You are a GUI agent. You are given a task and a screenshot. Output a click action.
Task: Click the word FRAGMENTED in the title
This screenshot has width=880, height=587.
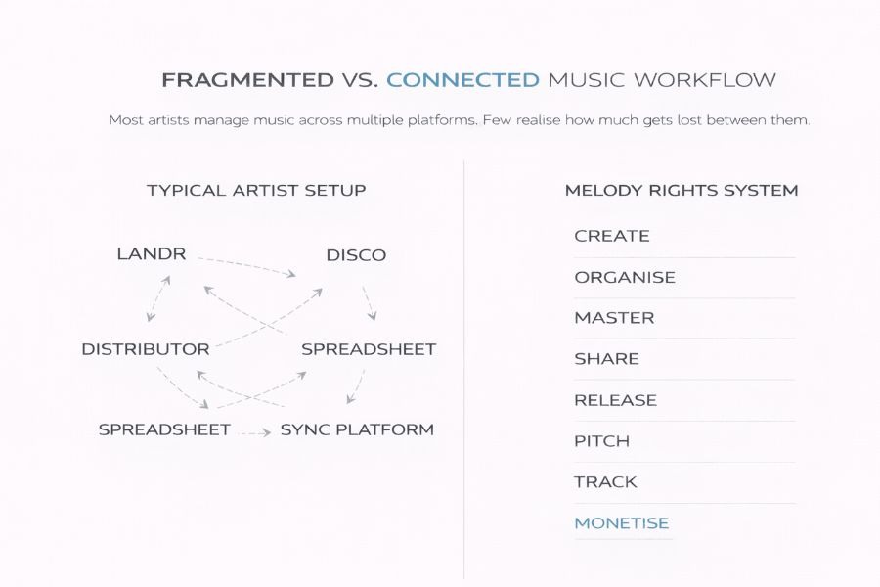click(x=247, y=80)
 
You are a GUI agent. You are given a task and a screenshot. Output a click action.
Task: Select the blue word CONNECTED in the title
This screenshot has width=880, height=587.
click(x=463, y=80)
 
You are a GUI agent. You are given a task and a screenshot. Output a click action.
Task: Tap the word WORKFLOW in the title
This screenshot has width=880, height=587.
click(x=705, y=80)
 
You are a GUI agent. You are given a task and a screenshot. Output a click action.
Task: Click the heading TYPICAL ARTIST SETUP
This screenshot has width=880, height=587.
click(x=256, y=191)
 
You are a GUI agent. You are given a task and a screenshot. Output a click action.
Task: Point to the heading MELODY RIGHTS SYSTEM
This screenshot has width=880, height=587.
click(x=682, y=191)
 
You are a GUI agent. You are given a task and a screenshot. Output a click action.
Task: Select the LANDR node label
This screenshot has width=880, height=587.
click(x=152, y=254)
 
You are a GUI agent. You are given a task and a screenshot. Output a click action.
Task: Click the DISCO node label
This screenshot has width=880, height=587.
click(x=356, y=255)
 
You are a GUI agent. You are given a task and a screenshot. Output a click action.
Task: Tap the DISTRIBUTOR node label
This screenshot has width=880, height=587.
click(x=146, y=349)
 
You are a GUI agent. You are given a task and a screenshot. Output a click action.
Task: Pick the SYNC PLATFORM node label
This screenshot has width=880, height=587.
click(x=358, y=429)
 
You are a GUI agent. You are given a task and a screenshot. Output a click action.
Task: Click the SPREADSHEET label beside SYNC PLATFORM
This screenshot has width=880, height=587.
click(x=164, y=429)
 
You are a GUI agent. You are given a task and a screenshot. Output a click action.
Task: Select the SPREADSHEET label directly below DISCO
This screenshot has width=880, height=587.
click(x=369, y=349)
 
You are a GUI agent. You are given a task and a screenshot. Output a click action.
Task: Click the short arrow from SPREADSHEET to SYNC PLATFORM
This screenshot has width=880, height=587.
click(x=255, y=432)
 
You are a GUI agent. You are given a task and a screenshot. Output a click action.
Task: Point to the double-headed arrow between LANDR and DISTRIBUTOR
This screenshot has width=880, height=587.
click(x=158, y=298)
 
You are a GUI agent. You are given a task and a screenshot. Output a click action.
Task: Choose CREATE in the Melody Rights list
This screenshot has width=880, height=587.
click(x=612, y=236)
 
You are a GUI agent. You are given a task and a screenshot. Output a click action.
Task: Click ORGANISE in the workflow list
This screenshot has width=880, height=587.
click(x=625, y=278)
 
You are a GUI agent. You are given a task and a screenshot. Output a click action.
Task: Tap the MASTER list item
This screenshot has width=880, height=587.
click(x=615, y=318)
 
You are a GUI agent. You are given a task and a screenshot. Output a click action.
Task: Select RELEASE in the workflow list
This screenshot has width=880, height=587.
click(x=616, y=400)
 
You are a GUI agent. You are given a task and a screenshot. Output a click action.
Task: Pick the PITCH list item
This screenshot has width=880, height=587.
click(x=602, y=441)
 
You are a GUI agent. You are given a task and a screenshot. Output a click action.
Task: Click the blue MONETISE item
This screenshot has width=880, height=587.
click(x=622, y=523)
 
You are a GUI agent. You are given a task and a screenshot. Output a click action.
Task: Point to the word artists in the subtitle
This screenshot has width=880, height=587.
click(x=168, y=120)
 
